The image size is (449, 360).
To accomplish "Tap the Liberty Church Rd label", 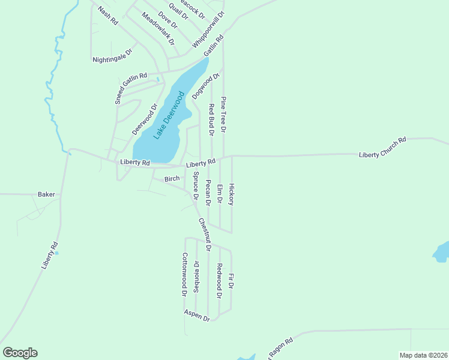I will [382, 147].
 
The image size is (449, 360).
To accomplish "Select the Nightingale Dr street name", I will [111, 59].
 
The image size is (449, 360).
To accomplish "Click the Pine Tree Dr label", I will [223, 114].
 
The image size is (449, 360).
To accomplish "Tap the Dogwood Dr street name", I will [202, 86].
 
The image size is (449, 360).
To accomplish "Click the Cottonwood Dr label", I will [185, 274].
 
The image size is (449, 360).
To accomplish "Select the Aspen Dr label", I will [197, 316].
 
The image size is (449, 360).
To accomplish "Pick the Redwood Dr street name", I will [219, 281].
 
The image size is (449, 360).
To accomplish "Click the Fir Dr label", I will [231, 284].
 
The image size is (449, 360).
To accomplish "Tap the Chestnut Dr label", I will [205, 234].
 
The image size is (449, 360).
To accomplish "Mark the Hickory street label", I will [231, 194].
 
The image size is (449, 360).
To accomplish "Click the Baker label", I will [46, 194].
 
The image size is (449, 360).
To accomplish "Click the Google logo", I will [20, 353].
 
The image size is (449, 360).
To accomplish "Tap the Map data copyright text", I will [423, 355].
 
